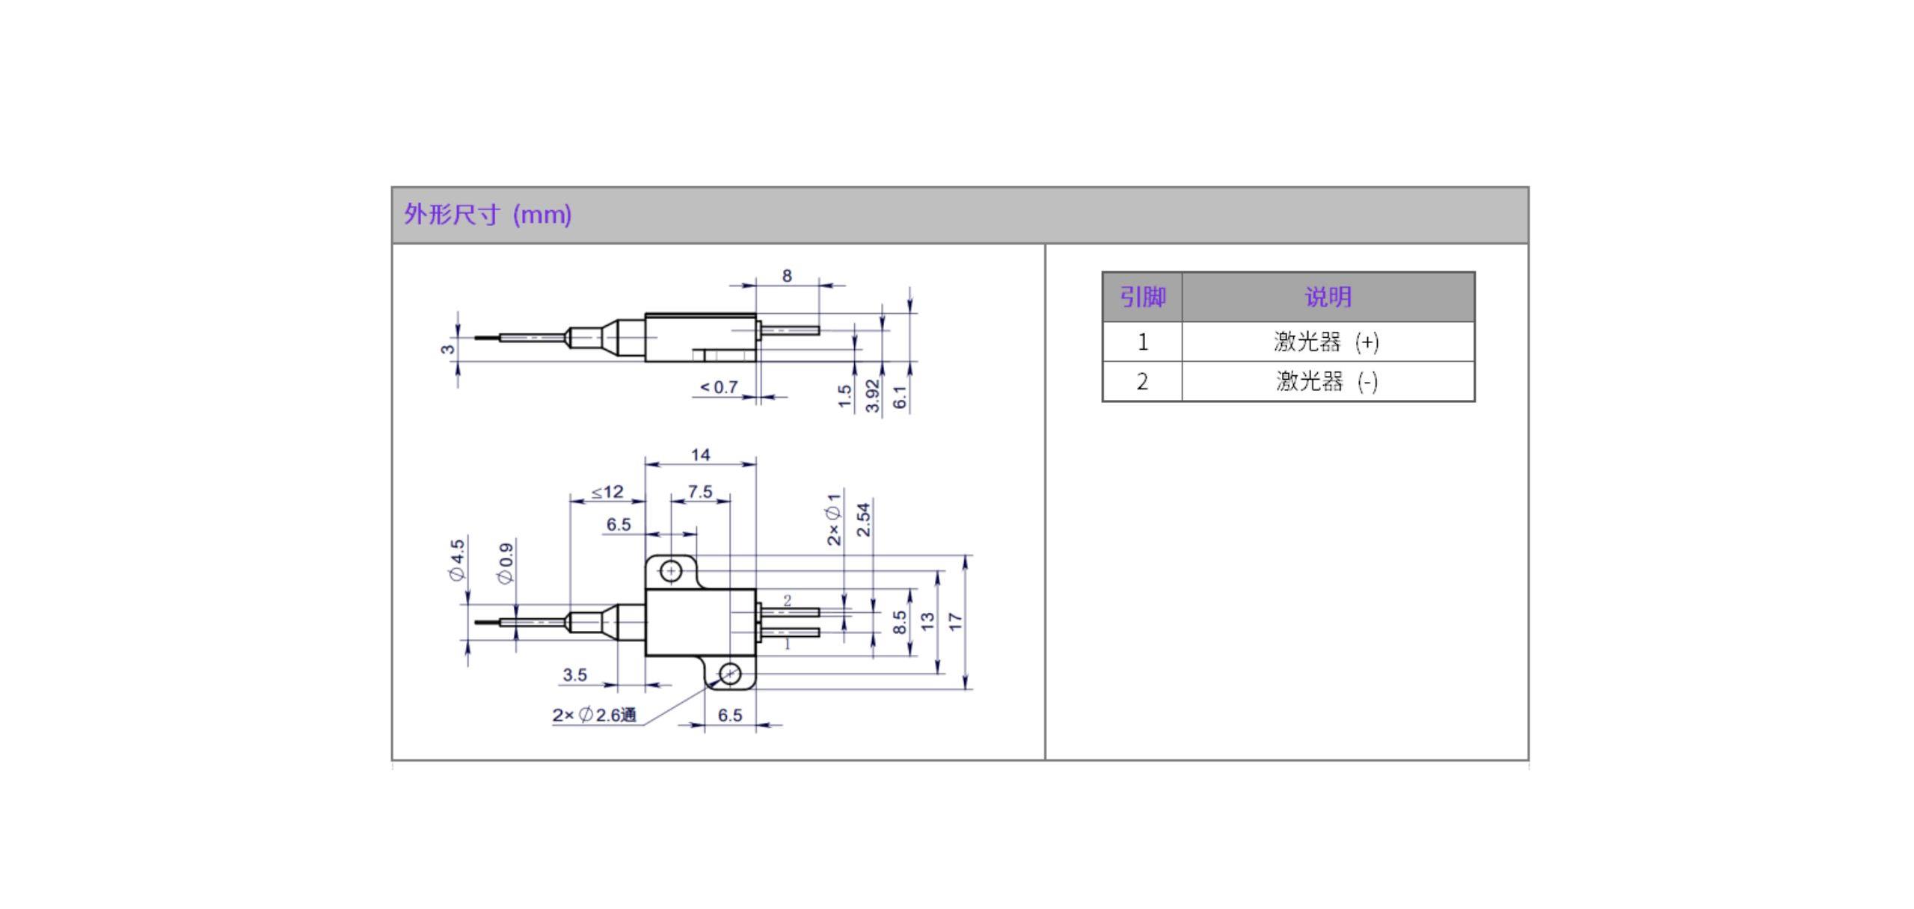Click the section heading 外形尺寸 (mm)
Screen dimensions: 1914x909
point(488,215)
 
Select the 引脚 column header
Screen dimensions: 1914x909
point(1142,297)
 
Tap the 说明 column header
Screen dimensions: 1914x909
point(1328,297)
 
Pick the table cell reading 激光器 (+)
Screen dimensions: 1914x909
point(1328,342)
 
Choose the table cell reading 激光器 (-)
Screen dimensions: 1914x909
point(1328,381)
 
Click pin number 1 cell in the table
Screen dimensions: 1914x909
point(1142,342)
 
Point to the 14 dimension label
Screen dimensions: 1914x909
point(700,454)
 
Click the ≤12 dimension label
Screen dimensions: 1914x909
point(607,492)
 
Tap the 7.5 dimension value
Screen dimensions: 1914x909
point(700,492)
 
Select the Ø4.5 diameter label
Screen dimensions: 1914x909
point(457,559)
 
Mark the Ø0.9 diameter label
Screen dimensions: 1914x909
point(506,563)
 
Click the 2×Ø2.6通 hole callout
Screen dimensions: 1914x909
point(595,715)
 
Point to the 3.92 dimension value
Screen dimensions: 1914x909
point(872,395)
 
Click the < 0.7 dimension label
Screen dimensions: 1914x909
point(719,387)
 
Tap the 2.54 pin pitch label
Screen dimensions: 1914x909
point(864,520)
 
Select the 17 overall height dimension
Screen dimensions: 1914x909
point(955,621)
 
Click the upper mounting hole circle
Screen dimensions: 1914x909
point(671,572)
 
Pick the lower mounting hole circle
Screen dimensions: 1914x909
point(730,674)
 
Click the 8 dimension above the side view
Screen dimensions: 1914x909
point(787,276)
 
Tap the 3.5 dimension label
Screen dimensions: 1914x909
point(574,675)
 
